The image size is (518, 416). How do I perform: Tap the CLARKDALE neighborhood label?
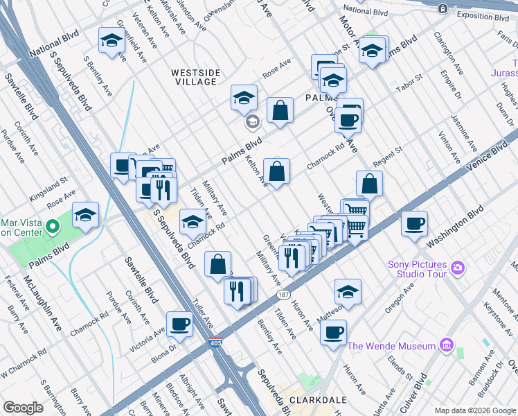click(337, 400)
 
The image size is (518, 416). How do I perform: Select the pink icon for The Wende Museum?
click(446, 345)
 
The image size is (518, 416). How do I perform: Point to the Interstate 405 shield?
click(215, 343)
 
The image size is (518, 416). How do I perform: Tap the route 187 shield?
click(283, 295)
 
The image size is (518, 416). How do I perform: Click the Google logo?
click(23, 408)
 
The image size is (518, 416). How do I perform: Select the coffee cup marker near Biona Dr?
click(179, 324)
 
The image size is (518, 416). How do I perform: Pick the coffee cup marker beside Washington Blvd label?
click(414, 223)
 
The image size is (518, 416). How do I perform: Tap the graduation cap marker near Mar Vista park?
click(86, 215)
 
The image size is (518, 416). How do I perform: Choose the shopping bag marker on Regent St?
click(370, 183)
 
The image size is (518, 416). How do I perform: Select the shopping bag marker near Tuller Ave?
click(218, 263)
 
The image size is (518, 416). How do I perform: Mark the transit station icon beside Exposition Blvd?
click(443, 8)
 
